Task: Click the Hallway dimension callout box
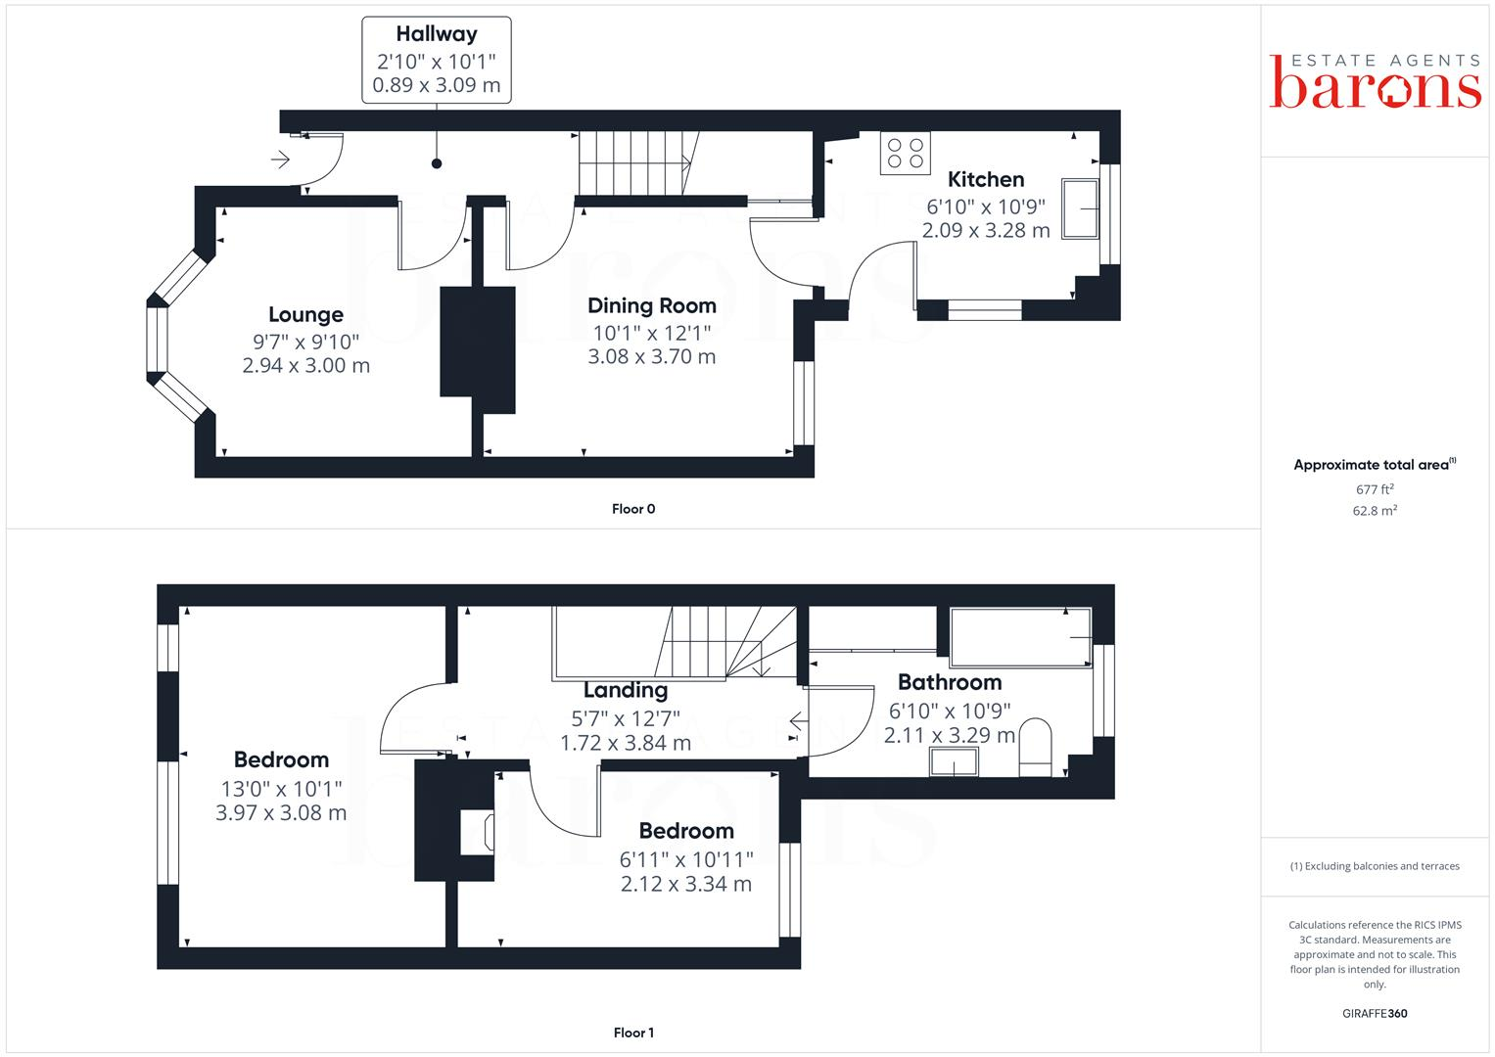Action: (437, 60)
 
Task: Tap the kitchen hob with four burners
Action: (905, 154)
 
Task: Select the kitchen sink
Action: (1082, 208)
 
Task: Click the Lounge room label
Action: (305, 315)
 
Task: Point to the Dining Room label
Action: (651, 305)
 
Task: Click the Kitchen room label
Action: (986, 180)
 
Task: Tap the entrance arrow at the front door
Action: (281, 159)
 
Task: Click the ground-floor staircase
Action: (637, 163)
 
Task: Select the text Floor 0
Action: (633, 509)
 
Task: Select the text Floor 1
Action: (633, 1033)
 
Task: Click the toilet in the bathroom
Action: (1035, 748)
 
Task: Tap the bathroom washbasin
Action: (954, 762)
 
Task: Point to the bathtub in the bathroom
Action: (1020, 637)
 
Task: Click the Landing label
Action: (625, 690)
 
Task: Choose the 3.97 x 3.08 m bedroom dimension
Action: (281, 812)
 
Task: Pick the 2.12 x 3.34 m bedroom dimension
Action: (685, 884)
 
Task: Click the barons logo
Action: (1375, 82)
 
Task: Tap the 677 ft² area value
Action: (1374, 489)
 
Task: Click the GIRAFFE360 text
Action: (1375, 1014)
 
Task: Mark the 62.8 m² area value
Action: (1374, 511)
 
